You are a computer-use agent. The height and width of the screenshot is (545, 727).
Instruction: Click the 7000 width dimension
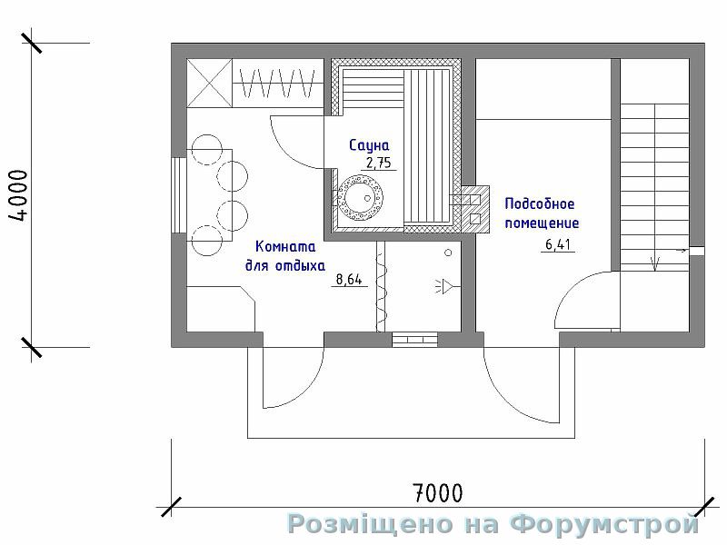coord(437,493)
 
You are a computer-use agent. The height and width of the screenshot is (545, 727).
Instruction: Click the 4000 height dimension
coord(19,195)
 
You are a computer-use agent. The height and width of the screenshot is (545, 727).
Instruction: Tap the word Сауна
coord(369,145)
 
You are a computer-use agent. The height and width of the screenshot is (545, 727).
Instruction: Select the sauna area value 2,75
coord(379,163)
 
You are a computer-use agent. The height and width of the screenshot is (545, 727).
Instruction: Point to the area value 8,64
coord(349,280)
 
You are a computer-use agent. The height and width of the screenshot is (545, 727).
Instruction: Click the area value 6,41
coord(558,244)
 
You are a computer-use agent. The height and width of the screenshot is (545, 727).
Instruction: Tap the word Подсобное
coord(540,203)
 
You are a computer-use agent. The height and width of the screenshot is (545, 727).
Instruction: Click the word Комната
coord(285,246)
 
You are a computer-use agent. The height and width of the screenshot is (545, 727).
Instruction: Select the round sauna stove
coord(360,198)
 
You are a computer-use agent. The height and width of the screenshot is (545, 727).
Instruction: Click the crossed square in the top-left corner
coord(209,84)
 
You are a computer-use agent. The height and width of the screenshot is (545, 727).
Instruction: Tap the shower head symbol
coord(445,287)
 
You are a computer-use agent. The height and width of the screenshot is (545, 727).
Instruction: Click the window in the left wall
coord(179,195)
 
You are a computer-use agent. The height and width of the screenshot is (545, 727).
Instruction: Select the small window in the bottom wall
coord(415,340)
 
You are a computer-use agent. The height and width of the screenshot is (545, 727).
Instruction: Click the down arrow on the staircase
coord(654,263)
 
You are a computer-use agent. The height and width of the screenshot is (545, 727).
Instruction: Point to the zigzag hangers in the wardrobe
coord(278,84)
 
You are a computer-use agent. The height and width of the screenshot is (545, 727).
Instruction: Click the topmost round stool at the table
coord(207,149)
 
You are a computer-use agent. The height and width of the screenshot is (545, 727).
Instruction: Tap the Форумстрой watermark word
coord(604,524)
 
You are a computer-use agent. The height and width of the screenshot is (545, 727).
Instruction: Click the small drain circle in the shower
coord(448,253)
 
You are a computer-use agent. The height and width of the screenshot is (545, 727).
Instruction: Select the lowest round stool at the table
coord(207,241)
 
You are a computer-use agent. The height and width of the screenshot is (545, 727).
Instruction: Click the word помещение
coord(542,223)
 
